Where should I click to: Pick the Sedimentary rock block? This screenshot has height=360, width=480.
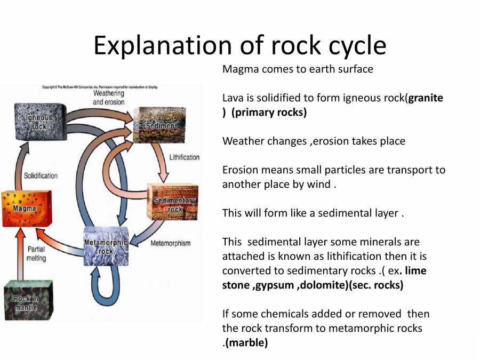pos(172,202)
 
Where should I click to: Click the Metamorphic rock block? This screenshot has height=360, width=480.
pos(106,246)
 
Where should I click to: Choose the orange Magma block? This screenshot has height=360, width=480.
pos(22,207)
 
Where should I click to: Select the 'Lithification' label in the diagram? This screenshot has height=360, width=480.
pos(184,157)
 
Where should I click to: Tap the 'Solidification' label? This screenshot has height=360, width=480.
pos(41,175)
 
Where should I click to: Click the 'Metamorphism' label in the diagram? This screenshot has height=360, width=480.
pos(170,244)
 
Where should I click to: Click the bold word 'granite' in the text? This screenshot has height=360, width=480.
pos(425,98)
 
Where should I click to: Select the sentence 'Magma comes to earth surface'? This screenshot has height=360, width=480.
pos(297,69)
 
